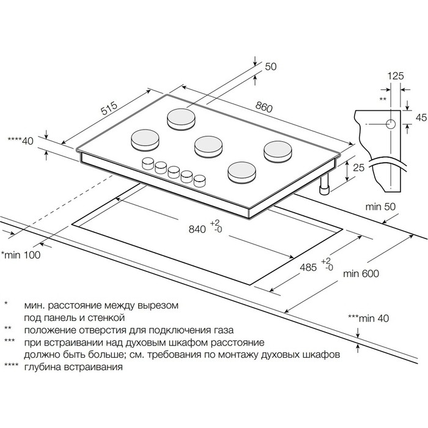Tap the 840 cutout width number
[197, 229]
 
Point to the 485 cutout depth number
[310, 267]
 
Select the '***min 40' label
[368, 318]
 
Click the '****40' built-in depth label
[20, 141]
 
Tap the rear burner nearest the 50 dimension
[180, 118]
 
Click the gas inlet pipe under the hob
[323, 187]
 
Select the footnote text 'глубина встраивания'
[73, 367]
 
